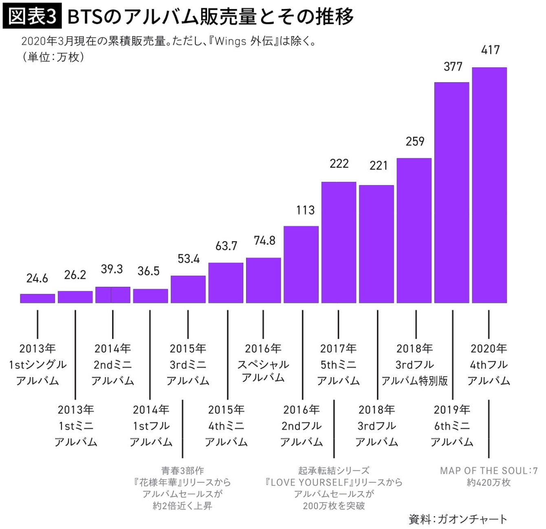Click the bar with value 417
pos(489,185)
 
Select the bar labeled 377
pos(451,192)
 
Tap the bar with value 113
pos(301,264)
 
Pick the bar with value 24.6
pos(37,298)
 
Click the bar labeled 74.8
pos(263,280)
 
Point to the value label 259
pos(415,142)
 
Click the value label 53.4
pos(189,259)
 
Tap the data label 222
pos(339,164)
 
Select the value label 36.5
pos(149,271)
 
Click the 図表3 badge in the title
pos(32,16)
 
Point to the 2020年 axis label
pos(489,349)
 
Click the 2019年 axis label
pos(451,410)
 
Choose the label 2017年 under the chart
pos(338,349)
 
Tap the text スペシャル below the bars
pos(263,364)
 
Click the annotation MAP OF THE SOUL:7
pos(489,471)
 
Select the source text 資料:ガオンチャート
pos(458,519)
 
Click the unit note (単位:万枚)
pos(53,57)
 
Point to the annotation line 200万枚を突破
pos(334,506)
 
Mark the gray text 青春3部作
pos(183,471)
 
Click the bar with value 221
pos(376,244)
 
